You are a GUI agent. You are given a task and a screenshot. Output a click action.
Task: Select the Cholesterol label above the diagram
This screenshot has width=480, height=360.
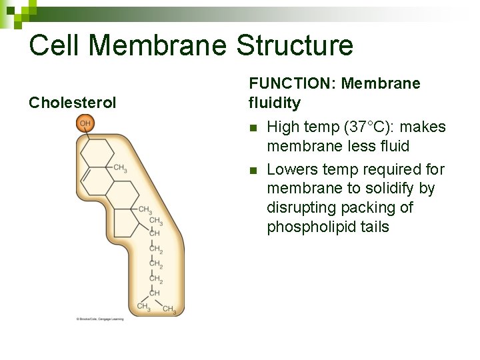(73, 103)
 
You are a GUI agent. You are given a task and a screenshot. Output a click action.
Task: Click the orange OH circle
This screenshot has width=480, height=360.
(85, 123)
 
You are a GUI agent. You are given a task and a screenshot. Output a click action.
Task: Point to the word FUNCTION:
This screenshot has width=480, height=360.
(291, 83)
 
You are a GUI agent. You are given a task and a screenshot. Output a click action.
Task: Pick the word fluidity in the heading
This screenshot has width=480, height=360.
(274, 103)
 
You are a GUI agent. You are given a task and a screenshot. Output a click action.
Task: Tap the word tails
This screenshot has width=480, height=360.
(373, 227)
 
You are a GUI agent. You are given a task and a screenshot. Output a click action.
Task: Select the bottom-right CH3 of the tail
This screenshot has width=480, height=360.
(169, 309)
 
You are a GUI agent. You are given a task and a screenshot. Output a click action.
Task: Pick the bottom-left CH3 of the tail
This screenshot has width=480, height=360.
(143, 306)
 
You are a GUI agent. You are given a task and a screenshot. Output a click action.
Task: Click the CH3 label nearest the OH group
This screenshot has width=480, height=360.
(120, 168)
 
